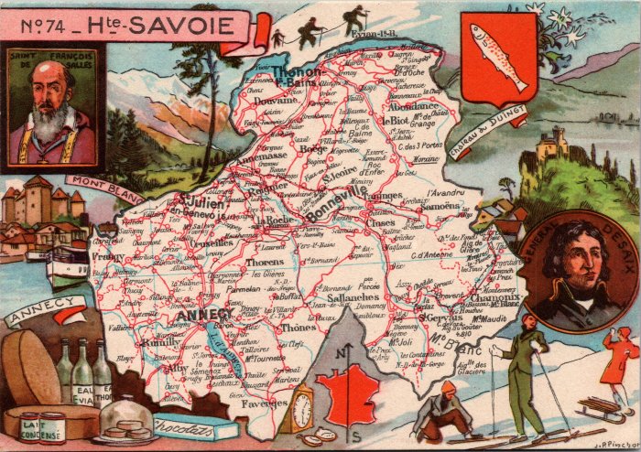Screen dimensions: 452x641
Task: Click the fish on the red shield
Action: pyautogui.click(x=498, y=57)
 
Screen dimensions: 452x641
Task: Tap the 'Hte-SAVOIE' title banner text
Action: pyautogui.click(x=169, y=25)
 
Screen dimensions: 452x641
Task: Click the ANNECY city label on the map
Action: pyautogui.click(x=210, y=316)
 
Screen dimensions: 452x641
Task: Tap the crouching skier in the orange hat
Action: pyautogui.click(x=443, y=412)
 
